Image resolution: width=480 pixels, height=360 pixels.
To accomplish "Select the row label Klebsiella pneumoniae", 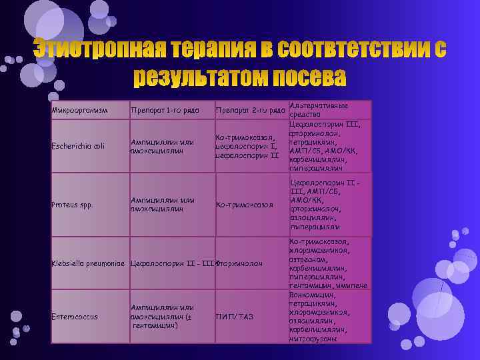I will pos(89,263).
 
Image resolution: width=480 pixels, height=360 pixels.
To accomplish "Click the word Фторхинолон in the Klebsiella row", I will pos(239,263).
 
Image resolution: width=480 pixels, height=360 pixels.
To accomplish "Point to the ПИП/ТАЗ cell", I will pos(234,316).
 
